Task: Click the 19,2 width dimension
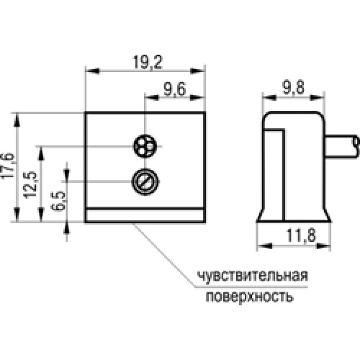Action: coord(148,63)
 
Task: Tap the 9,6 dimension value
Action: coord(175,89)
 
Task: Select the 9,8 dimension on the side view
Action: coord(293,87)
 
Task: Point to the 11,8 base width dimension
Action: coord(301,235)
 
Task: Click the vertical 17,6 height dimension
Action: coord(8,166)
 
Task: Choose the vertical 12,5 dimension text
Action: coord(30,185)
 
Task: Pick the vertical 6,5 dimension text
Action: coord(58,201)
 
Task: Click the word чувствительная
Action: coord(253,276)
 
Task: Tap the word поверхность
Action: coord(250,297)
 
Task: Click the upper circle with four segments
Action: coord(145,146)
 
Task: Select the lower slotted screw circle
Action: coord(145,181)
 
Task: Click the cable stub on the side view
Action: coord(343,147)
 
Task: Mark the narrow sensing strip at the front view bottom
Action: coord(145,216)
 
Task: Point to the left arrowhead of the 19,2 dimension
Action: coord(92,71)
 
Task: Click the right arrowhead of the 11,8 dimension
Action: coord(324,246)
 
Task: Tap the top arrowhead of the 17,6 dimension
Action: coord(17,120)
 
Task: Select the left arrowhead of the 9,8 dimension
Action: coord(269,97)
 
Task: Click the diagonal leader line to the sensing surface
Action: coord(164,255)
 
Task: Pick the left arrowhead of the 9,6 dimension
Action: coord(151,98)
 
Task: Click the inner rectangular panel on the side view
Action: coord(274,175)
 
